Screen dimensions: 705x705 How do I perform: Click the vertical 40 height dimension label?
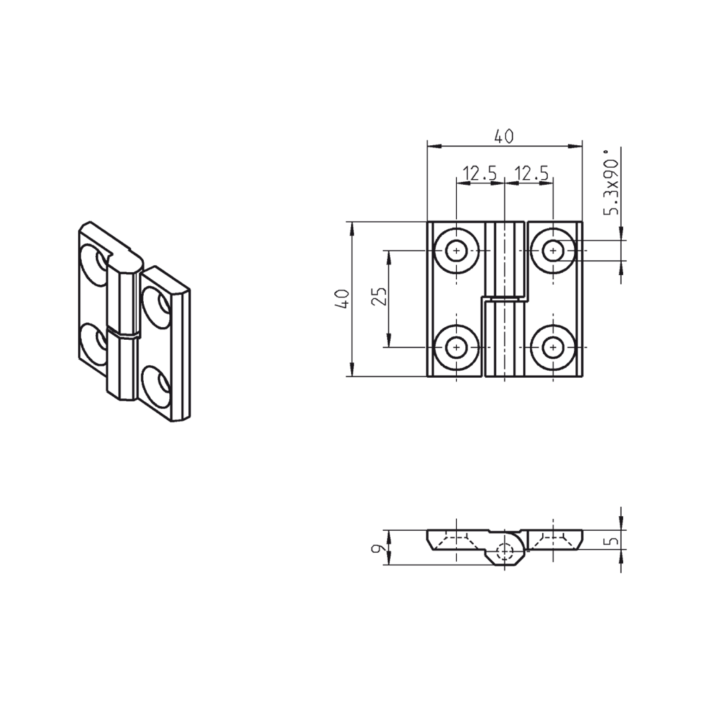point(342,298)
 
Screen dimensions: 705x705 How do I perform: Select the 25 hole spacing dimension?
point(379,298)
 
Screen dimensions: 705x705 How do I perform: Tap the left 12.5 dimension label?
point(479,173)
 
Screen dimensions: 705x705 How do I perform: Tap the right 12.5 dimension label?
point(532,173)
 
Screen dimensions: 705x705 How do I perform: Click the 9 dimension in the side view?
point(379,548)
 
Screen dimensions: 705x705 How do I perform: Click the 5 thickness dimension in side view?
point(613,541)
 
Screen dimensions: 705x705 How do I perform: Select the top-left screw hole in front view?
point(458,250)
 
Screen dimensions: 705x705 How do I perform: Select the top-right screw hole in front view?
point(553,250)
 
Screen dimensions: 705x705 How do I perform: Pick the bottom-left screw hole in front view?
point(458,347)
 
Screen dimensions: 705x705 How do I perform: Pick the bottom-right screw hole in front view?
point(553,347)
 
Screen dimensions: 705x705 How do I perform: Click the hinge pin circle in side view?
point(505,552)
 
